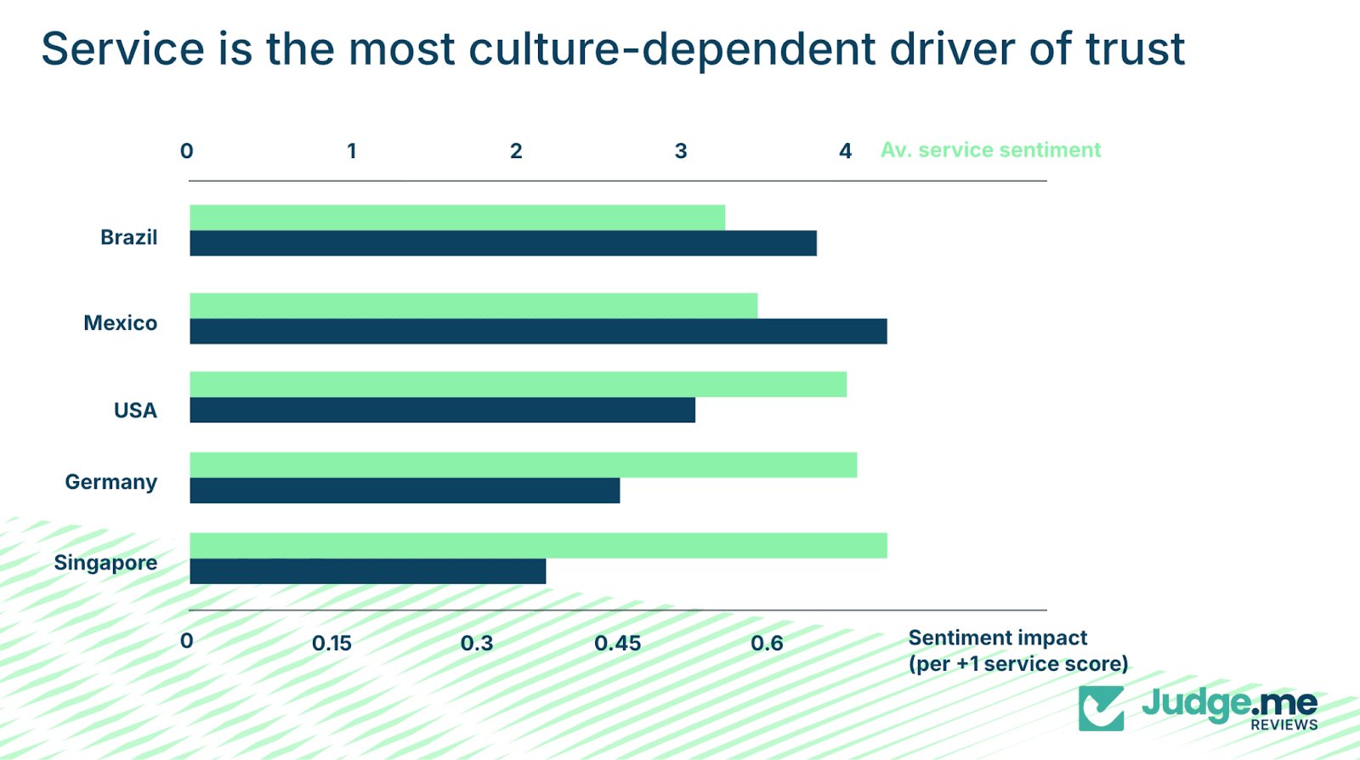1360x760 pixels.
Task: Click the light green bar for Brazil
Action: [x=457, y=218]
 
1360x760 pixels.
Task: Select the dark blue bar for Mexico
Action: [x=538, y=332]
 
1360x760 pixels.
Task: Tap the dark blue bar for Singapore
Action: [x=367, y=571]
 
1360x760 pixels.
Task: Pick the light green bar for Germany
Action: [x=523, y=465]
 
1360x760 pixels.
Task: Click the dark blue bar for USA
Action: [x=442, y=410]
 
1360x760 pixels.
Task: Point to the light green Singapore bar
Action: [x=538, y=546]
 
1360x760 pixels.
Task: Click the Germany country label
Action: [x=111, y=482]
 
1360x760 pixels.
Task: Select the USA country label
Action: [x=135, y=411]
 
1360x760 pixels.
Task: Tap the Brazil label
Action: [x=128, y=237]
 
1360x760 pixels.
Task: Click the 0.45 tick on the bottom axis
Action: [x=617, y=644]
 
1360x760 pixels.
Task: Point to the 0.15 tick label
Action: [x=331, y=644]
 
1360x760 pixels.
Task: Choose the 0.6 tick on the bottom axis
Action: [x=767, y=644]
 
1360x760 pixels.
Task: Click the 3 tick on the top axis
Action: [x=681, y=151]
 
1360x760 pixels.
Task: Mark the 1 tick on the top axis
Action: [x=351, y=151]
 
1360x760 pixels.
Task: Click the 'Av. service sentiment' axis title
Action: [x=990, y=150]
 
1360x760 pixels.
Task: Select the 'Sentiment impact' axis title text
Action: [x=998, y=638]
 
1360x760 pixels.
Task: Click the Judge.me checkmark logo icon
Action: [x=1101, y=708]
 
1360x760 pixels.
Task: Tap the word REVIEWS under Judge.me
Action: [x=1283, y=725]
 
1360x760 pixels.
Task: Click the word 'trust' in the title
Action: [x=1135, y=49]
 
